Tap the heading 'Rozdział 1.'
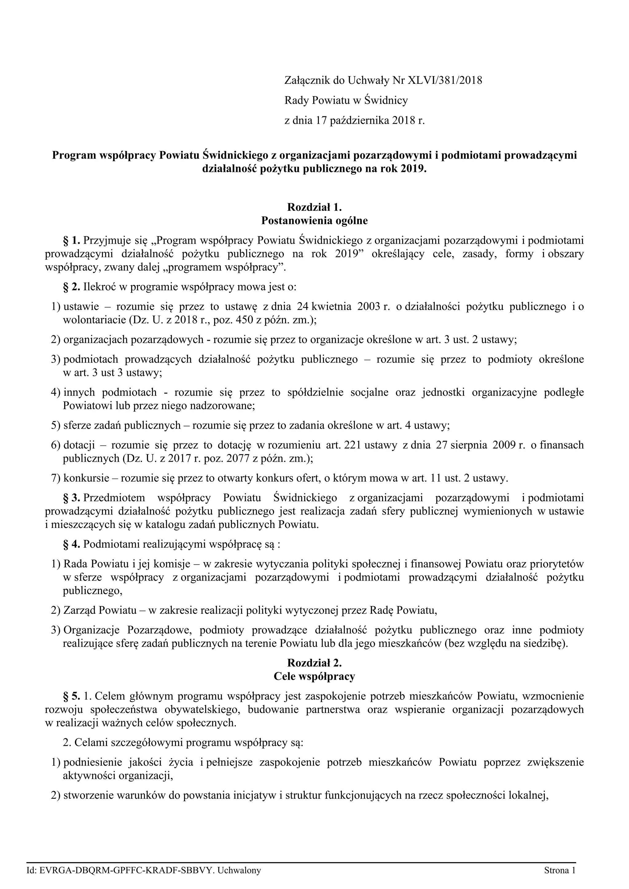[x=314, y=207]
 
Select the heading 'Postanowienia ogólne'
[x=314, y=221]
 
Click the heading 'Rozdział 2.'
[x=314, y=662]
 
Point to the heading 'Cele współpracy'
[x=314, y=677]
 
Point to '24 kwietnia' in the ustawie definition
[x=324, y=307]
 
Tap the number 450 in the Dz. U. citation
[x=221, y=320]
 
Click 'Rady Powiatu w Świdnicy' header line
[x=346, y=101]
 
